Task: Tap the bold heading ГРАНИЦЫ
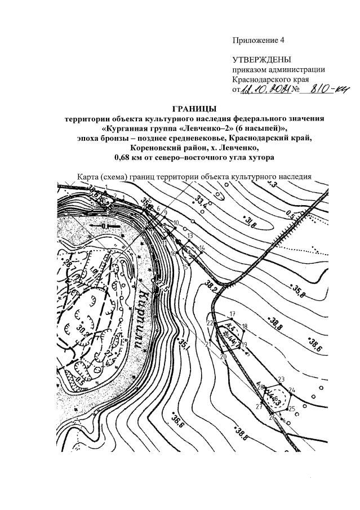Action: [x=195, y=108]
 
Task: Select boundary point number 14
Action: [x=201, y=248]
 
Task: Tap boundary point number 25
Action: [x=291, y=409]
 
